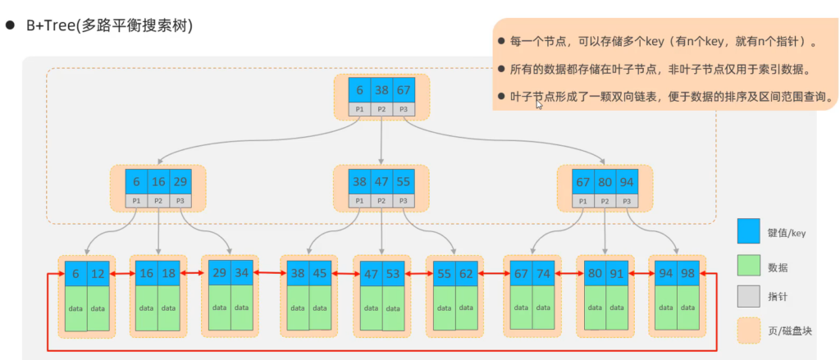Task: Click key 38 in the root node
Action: (x=381, y=90)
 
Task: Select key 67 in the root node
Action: (x=404, y=90)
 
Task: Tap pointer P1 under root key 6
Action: (x=359, y=109)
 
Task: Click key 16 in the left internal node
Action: (x=158, y=181)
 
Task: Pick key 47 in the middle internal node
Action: (x=381, y=181)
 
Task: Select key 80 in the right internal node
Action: (x=605, y=181)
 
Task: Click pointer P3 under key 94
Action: (x=627, y=201)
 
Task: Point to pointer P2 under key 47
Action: (x=381, y=201)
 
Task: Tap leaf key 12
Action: (x=98, y=274)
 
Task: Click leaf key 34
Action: (x=242, y=272)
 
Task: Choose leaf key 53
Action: (x=393, y=274)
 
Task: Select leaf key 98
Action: (x=688, y=273)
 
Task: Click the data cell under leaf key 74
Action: (x=543, y=307)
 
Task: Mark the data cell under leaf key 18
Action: (x=169, y=308)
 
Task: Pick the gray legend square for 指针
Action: (x=748, y=296)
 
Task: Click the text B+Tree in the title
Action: (x=51, y=26)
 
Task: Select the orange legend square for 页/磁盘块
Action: (x=748, y=330)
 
